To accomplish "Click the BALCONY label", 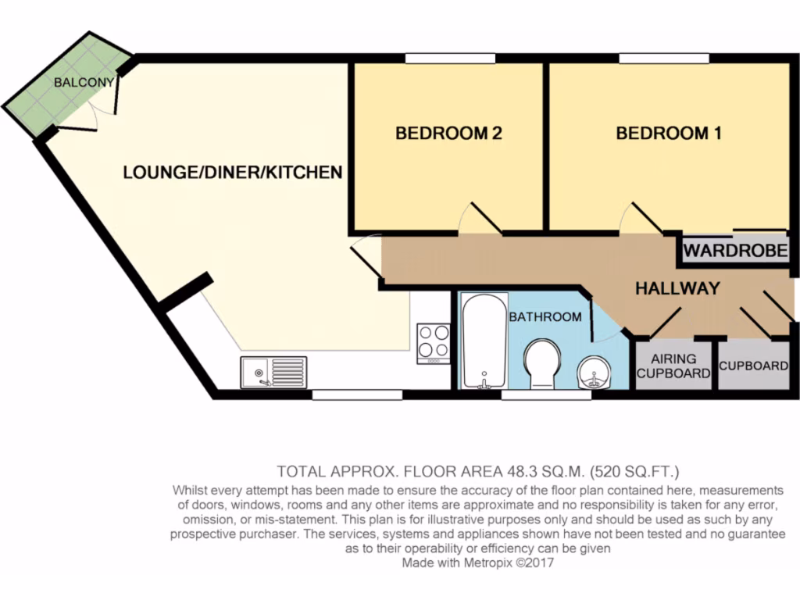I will pyautogui.click(x=84, y=82).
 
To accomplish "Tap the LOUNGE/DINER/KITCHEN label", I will pyautogui.click(x=233, y=172).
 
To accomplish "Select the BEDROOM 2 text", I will pyautogui.click(x=448, y=134).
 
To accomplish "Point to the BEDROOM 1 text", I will pyautogui.click(x=669, y=134).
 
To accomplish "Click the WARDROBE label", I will pyautogui.click(x=735, y=252).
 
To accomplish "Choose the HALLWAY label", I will pyautogui.click(x=677, y=288).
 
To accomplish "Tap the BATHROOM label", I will pyautogui.click(x=545, y=316).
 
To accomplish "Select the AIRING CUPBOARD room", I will pyautogui.click(x=673, y=365).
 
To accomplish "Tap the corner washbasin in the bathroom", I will pyautogui.click(x=595, y=373).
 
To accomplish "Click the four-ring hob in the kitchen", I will pyautogui.click(x=434, y=342).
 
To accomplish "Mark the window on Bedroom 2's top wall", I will pyautogui.click(x=450, y=58).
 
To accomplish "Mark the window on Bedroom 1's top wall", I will pyautogui.click(x=664, y=58).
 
